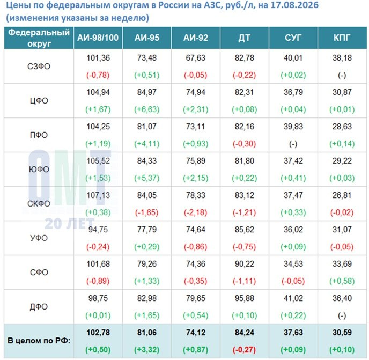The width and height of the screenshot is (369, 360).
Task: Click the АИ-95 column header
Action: coord(147,38)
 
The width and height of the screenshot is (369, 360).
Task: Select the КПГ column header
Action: coord(342,38)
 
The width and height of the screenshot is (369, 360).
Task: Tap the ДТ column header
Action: coord(244,38)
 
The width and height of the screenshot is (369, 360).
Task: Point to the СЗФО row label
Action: coord(39,67)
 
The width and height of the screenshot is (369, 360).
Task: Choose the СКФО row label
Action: coord(39,204)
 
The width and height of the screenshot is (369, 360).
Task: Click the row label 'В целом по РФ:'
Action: coord(39,341)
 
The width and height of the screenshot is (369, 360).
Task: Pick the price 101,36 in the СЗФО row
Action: coord(98,58)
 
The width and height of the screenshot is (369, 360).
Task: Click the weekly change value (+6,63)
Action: coord(147,109)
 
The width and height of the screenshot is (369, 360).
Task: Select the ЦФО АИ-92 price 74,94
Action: coord(196,92)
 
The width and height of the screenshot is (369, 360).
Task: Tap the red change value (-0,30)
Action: coord(244,144)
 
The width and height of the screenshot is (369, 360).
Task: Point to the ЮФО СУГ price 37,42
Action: coord(293,161)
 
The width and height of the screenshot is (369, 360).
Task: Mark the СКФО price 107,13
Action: coord(98,195)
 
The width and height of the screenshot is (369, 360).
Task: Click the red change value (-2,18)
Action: coord(196,212)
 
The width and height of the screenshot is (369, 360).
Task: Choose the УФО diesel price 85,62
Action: coord(244,230)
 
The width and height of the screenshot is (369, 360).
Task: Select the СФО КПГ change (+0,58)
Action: coord(342,281)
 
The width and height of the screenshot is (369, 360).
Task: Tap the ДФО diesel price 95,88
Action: coord(244,298)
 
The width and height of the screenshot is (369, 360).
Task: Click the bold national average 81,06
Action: coord(147,333)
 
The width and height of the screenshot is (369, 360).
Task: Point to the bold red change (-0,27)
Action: coord(244,350)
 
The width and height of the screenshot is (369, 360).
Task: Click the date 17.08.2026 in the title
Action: coord(294,5)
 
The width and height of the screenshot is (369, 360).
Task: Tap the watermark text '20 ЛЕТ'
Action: coord(70,223)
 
